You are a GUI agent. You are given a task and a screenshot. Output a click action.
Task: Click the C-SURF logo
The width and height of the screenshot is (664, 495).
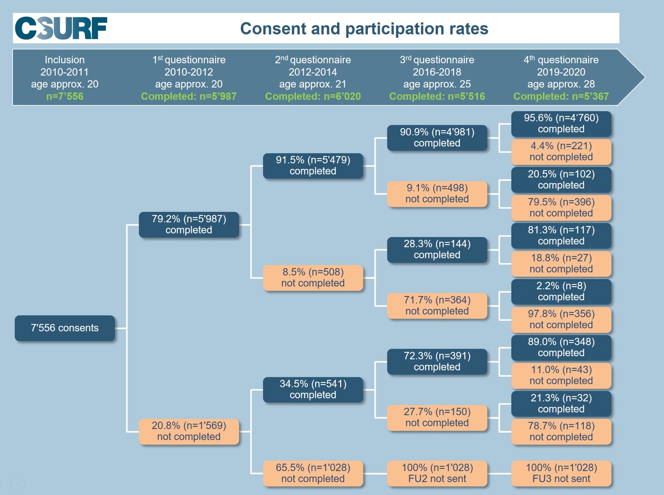click(x=61, y=28)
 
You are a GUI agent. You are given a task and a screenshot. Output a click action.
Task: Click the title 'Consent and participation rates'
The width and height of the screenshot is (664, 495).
click(x=364, y=29)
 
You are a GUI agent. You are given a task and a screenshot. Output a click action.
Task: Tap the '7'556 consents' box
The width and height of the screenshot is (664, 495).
click(x=65, y=328)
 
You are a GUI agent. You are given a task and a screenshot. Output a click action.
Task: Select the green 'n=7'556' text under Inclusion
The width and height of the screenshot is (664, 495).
click(x=65, y=96)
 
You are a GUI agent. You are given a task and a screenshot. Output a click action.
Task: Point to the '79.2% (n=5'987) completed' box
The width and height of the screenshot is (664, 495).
click(x=189, y=224)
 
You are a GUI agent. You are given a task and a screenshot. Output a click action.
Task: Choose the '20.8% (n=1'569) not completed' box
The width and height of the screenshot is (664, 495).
click(x=189, y=431)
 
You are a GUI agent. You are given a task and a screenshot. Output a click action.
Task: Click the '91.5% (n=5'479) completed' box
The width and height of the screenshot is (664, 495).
click(x=313, y=166)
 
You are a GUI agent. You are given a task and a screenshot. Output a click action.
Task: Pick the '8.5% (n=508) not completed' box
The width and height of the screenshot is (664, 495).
click(x=313, y=278)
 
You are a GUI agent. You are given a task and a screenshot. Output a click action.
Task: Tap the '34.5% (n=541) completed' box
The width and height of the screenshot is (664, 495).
click(x=313, y=389)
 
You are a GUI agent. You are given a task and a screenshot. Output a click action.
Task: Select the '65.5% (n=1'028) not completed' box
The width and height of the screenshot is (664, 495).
click(x=313, y=473)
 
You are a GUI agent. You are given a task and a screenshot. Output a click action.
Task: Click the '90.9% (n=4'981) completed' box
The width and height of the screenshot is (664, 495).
click(x=437, y=138)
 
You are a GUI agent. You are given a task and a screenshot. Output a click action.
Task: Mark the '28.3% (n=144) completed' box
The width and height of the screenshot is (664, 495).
click(x=437, y=250)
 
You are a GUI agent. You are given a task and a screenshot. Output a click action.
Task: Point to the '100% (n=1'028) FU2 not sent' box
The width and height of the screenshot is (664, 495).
click(x=437, y=473)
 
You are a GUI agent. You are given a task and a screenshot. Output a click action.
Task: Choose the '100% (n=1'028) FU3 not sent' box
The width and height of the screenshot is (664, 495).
click(x=561, y=473)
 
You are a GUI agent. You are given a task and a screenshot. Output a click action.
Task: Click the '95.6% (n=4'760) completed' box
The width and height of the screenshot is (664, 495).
click(x=561, y=124)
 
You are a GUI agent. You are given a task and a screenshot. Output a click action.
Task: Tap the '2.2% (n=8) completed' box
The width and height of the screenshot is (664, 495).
click(x=561, y=292)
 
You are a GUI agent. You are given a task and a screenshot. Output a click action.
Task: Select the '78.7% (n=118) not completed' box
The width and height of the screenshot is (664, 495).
click(x=561, y=431)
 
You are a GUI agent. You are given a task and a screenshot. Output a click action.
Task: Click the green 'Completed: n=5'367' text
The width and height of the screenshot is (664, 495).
click(x=561, y=96)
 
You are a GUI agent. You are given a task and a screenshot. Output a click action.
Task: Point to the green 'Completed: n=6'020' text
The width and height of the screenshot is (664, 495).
click(x=313, y=96)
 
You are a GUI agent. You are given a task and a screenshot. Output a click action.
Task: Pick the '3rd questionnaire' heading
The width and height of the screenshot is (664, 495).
click(x=437, y=60)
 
